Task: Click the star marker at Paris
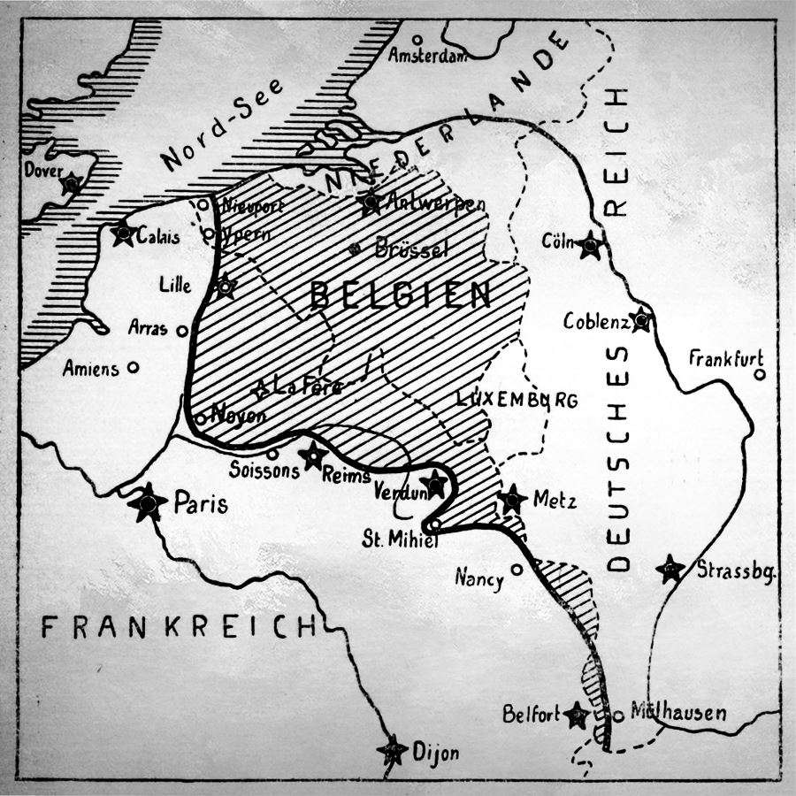point(147,503)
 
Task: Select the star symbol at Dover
point(71,183)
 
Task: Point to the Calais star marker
point(123,234)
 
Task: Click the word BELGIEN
point(401,296)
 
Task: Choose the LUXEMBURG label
point(517,400)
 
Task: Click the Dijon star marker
point(392,751)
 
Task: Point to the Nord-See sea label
point(223,125)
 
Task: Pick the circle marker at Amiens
point(134,368)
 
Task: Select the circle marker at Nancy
point(517,570)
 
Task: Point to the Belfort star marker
point(578,715)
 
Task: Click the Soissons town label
point(264,471)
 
